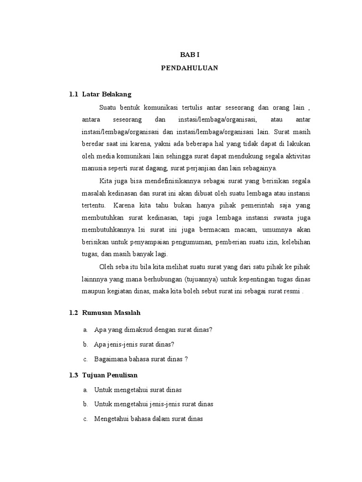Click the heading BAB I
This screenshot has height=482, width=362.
[189, 55]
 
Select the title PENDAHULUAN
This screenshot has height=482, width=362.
[189, 68]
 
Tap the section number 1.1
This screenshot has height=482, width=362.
[73, 94]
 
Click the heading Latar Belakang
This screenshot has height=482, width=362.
[107, 94]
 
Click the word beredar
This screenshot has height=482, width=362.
[91, 144]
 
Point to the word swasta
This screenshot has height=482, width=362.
[277, 217]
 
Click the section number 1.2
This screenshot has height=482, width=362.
[73, 313]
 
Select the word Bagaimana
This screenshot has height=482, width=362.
[110, 359]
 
